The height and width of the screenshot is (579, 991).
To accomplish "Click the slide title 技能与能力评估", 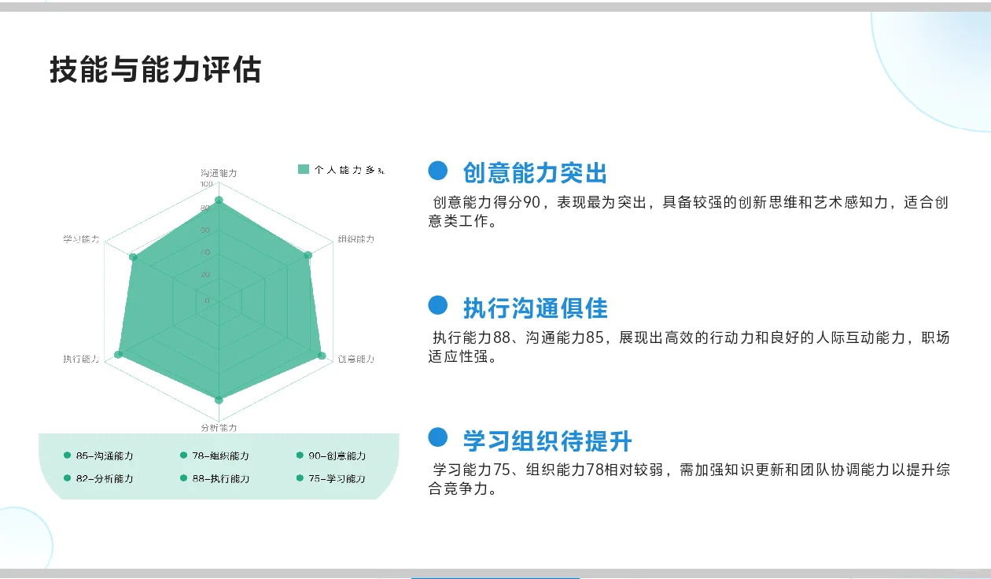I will coord(155,70).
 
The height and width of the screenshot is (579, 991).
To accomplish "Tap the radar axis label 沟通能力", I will coord(219,172).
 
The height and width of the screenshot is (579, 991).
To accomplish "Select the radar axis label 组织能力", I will coord(356,239).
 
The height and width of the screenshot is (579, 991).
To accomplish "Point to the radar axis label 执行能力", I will coord(82,359).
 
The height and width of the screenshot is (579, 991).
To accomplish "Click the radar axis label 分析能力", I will coord(219,428).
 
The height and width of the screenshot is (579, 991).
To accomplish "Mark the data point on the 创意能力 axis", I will coord(322,356).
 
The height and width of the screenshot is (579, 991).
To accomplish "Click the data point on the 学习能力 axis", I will coord(133,257).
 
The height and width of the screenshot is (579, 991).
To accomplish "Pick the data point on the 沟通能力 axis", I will coord(219,201).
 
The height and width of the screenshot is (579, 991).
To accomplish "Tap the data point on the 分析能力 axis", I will coord(219,400).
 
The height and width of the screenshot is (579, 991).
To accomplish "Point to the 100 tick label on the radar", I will coord(206,184).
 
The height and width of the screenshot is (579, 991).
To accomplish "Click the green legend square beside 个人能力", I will coord(304,169).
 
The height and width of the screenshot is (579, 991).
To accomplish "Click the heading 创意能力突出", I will coord(535,172).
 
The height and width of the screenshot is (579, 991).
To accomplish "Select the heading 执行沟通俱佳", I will coord(535,308).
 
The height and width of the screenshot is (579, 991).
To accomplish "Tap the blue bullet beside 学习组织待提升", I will coord(438,438).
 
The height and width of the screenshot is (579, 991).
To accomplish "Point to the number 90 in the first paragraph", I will coord(532,203).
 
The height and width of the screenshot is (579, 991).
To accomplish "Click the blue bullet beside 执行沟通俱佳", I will coord(438,305).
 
